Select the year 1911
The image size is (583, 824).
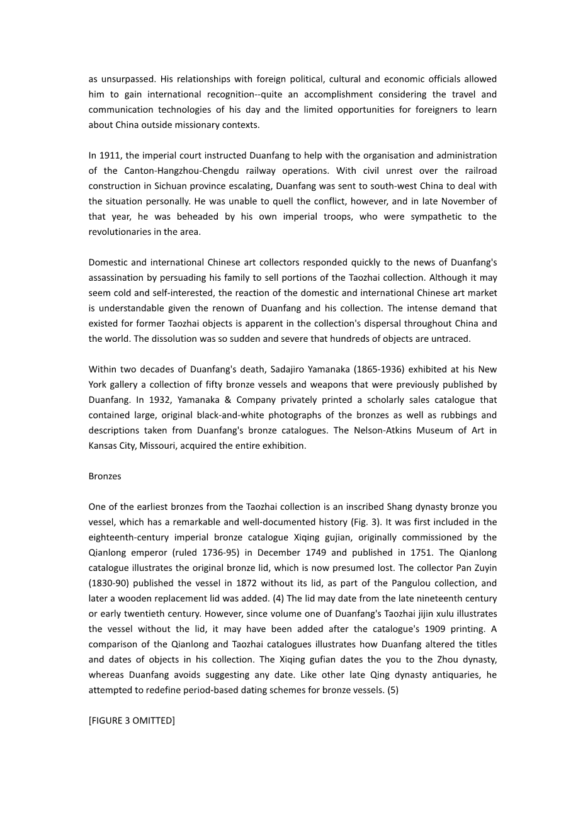tap(110, 155)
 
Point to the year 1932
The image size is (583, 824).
tap(151, 400)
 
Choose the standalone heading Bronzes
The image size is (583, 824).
tap(105, 476)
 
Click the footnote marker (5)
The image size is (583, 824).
tap(391, 690)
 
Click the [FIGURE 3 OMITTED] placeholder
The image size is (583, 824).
tap(132, 721)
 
